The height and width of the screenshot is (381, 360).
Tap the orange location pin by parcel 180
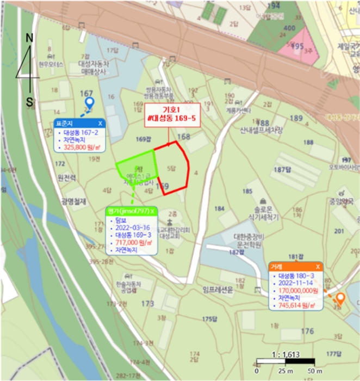pos(340,298)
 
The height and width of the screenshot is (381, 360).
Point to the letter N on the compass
pos(30,38)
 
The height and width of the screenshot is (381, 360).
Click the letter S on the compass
pos(30,101)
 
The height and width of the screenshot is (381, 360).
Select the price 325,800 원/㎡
pos(82,147)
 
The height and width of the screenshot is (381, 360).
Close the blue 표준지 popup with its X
pos(100,124)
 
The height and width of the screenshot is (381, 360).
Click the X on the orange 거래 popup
pos(318,267)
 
